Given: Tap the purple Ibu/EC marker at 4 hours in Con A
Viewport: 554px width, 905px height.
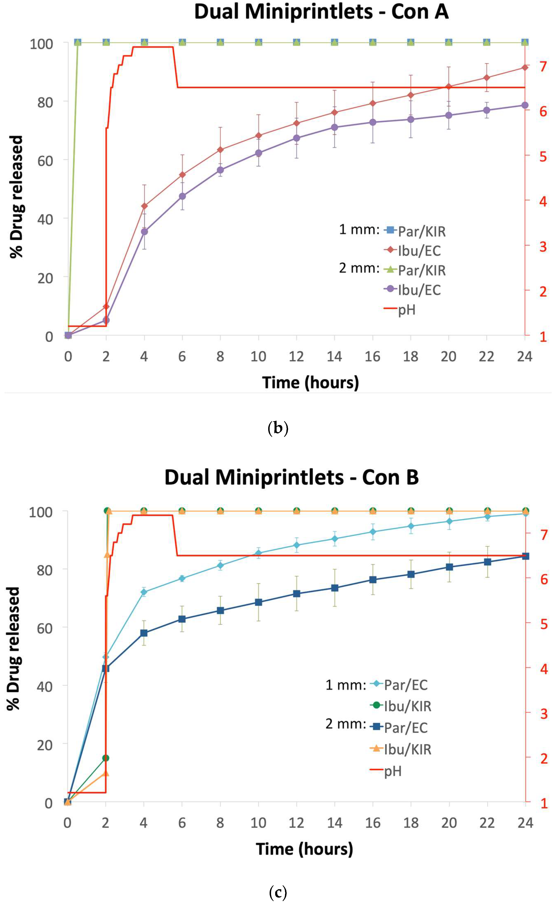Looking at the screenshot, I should pyautogui.click(x=144, y=231).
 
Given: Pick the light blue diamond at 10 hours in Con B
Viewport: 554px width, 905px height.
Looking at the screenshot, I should pyautogui.click(x=258, y=553).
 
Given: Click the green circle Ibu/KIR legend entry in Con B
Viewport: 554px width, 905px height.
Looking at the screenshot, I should pyautogui.click(x=401, y=706).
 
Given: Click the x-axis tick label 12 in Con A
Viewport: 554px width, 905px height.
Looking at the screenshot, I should pyautogui.click(x=296, y=356).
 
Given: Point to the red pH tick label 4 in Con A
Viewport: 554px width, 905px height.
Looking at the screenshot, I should pyautogui.click(x=543, y=201).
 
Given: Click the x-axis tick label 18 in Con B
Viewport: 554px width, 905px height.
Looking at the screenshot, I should pyautogui.click(x=411, y=823).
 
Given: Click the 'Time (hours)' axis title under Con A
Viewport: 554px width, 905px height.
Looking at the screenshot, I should pyautogui.click(x=310, y=382).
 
